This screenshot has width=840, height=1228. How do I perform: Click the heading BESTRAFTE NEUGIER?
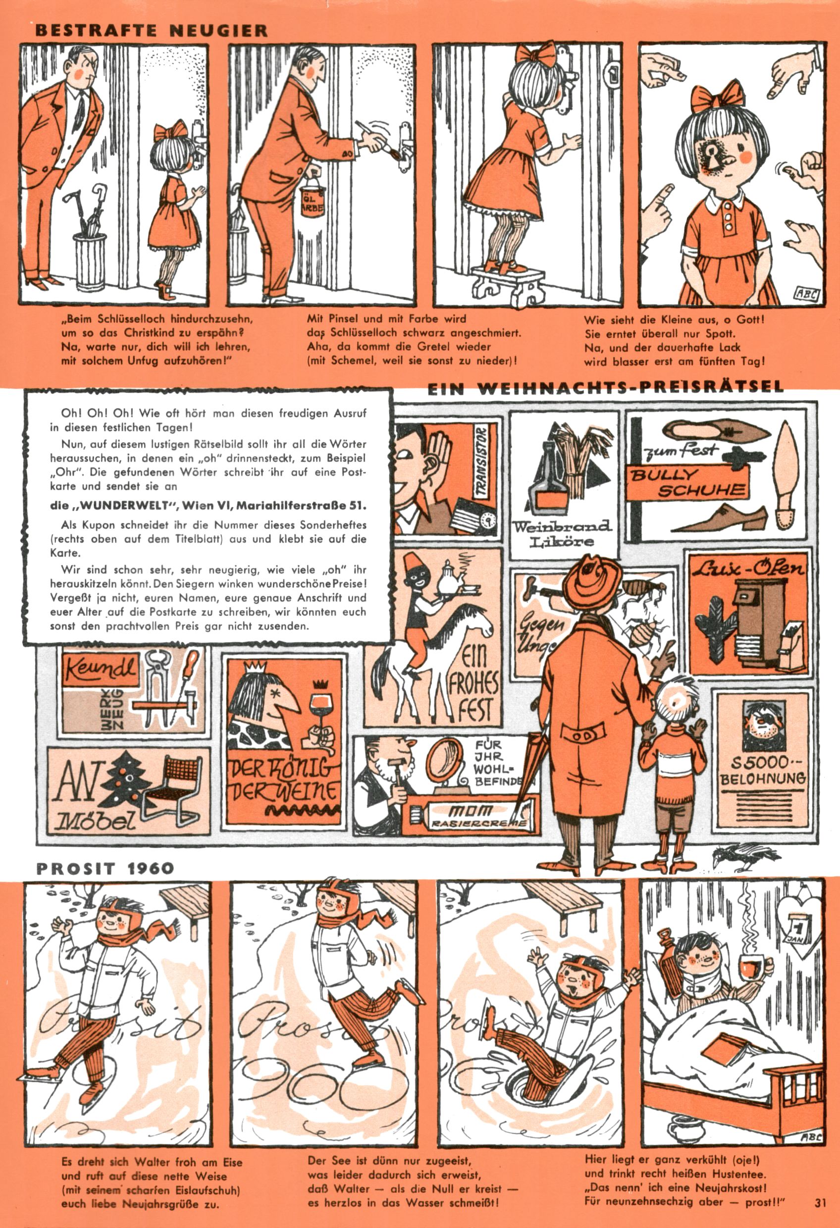[x=151, y=30]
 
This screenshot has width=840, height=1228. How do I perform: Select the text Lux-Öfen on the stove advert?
[x=747, y=568]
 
